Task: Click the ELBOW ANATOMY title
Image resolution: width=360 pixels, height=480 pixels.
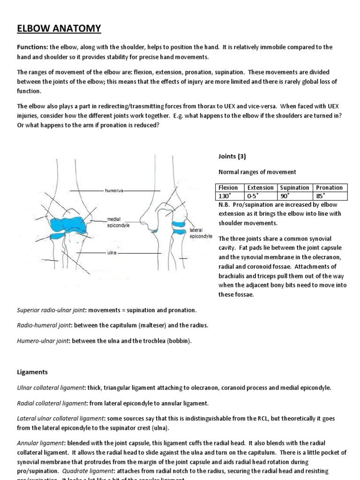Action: (59, 29)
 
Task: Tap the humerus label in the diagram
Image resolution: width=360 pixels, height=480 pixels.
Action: (113, 191)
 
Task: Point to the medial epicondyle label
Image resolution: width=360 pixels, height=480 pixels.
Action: (118, 222)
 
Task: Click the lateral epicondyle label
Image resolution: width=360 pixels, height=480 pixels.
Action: (201, 233)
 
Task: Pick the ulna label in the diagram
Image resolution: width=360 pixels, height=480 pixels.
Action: (112, 253)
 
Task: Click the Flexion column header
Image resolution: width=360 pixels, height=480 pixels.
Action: (228, 187)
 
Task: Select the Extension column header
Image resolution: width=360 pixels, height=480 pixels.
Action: (261, 187)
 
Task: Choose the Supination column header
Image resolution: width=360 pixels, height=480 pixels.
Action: (294, 187)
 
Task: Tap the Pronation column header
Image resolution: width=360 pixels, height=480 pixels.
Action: (330, 187)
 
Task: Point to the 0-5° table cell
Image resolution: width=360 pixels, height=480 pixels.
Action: (254, 195)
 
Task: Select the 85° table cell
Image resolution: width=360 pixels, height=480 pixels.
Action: (322, 195)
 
